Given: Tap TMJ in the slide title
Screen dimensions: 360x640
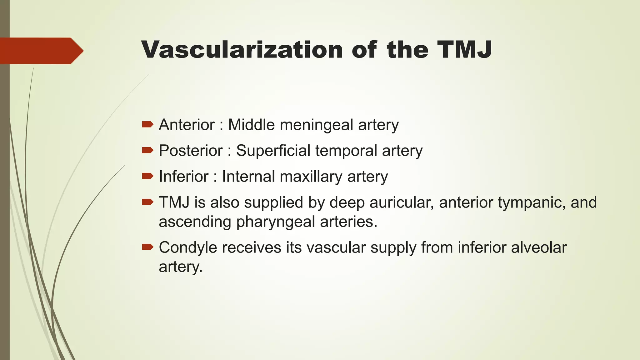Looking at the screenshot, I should pyautogui.click(x=464, y=50).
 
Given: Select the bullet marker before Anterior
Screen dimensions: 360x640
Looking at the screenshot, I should pyautogui.click(x=147, y=125).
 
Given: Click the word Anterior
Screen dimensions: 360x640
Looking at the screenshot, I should pyautogui.click(x=187, y=125).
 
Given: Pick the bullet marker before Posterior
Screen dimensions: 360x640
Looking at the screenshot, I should pyautogui.click(x=147, y=151).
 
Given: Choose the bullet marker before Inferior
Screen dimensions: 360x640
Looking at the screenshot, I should pyautogui.click(x=147, y=176).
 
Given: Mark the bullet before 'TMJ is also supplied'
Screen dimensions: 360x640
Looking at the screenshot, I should pyautogui.click(x=147, y=202).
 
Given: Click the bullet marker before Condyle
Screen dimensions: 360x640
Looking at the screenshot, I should pyautogui.click(x=147, y=247).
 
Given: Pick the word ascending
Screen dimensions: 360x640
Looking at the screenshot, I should pyautogui.click(x=195, y=222).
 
